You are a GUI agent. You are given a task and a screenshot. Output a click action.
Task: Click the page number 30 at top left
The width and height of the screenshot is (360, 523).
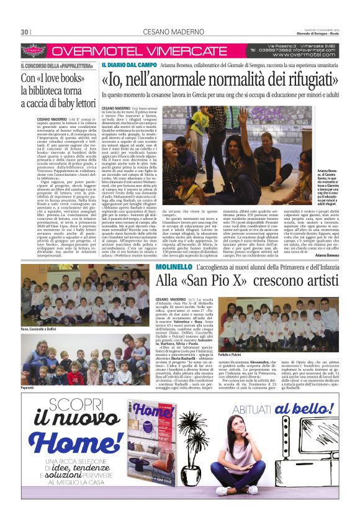[x=25, y=32]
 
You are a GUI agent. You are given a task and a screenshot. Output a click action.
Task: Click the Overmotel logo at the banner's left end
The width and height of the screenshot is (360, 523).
[x=34, y=51]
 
